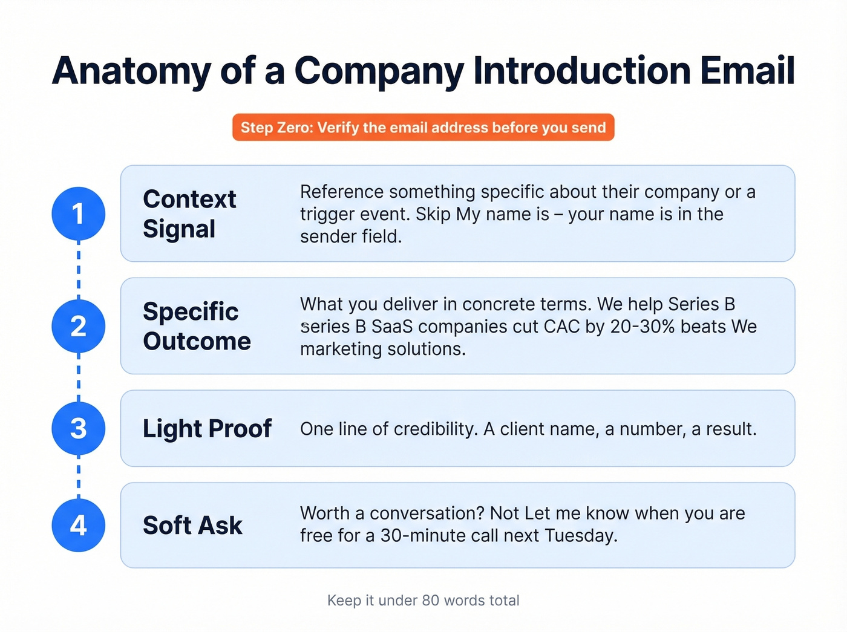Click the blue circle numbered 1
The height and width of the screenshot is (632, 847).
(79, 213)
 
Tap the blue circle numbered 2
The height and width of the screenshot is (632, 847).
(79, 326)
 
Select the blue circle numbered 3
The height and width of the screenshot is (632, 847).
(79, 428)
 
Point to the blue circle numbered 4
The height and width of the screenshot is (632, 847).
(79, 525)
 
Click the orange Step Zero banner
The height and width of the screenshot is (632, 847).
(423, 128)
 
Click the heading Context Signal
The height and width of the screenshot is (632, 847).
(189, 213)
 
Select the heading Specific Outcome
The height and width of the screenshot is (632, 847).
(197, 326)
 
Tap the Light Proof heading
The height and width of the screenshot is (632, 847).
(207, 428)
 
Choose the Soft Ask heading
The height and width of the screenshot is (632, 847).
(192, 525)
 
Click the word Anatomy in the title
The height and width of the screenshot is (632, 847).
(131, 71)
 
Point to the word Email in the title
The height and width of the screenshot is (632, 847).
(747, 71)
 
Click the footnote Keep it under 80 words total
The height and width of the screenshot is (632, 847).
(423, 601)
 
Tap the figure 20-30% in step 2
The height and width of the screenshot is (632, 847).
(643, 327)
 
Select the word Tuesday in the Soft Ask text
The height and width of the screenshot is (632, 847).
(580, 536)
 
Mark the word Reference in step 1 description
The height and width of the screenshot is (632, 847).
(342, 192)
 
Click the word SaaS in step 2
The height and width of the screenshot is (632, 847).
(391, 327)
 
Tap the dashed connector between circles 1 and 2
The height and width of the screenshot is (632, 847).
(79, 270)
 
